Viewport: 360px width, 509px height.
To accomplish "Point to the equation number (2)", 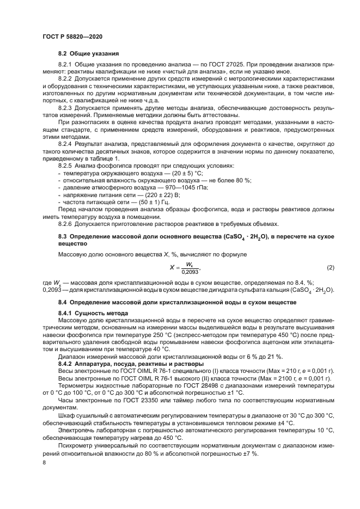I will click(x=330, y=267).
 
